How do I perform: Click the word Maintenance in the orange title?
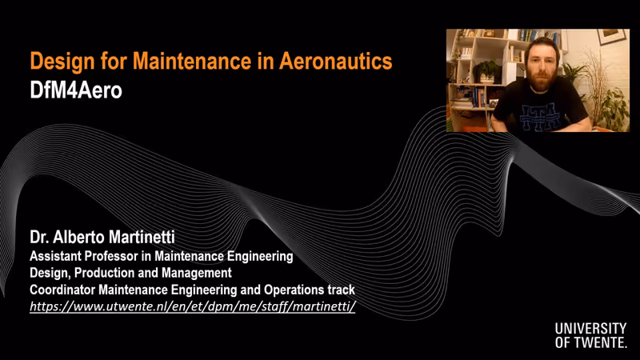(192, 61)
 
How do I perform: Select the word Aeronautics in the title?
(335, 61)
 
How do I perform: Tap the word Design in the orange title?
(62, 62)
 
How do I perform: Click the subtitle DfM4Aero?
(76, 90)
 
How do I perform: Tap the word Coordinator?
(62, 290)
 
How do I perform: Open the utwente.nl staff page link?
(193, 306)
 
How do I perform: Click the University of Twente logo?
(590, 335)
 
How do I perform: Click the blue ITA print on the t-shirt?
(538, 115)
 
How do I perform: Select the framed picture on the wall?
(612, 36)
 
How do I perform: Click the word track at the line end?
(342, 290)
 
